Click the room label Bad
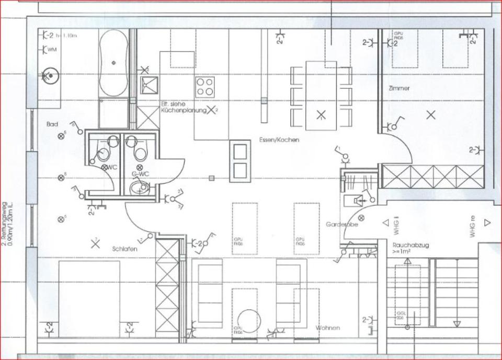pos(52,124)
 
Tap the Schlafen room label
pos(124,249)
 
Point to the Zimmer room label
pos(399,89)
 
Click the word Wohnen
pos(328,328)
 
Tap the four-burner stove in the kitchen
pos(205,87)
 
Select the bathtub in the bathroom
pos(113,62)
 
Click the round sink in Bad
pos(51,75)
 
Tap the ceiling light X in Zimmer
pos(431,115)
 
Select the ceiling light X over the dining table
pos(322,115)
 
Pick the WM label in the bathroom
pos(51,50)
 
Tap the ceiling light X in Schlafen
pos(95,243)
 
